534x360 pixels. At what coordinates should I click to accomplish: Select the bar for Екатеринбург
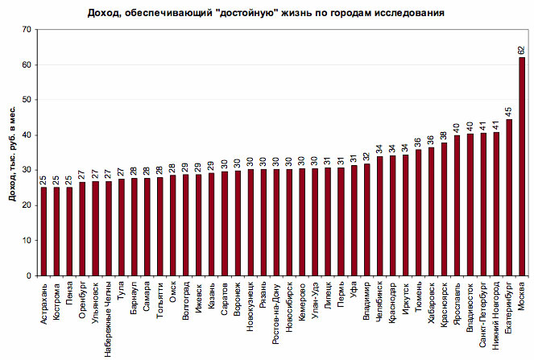509,197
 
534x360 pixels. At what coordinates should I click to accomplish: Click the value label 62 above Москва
522,50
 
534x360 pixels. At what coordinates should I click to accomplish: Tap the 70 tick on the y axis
27,29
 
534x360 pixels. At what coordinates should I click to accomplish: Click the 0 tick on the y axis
29,275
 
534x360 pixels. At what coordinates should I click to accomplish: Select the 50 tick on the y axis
27,100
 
